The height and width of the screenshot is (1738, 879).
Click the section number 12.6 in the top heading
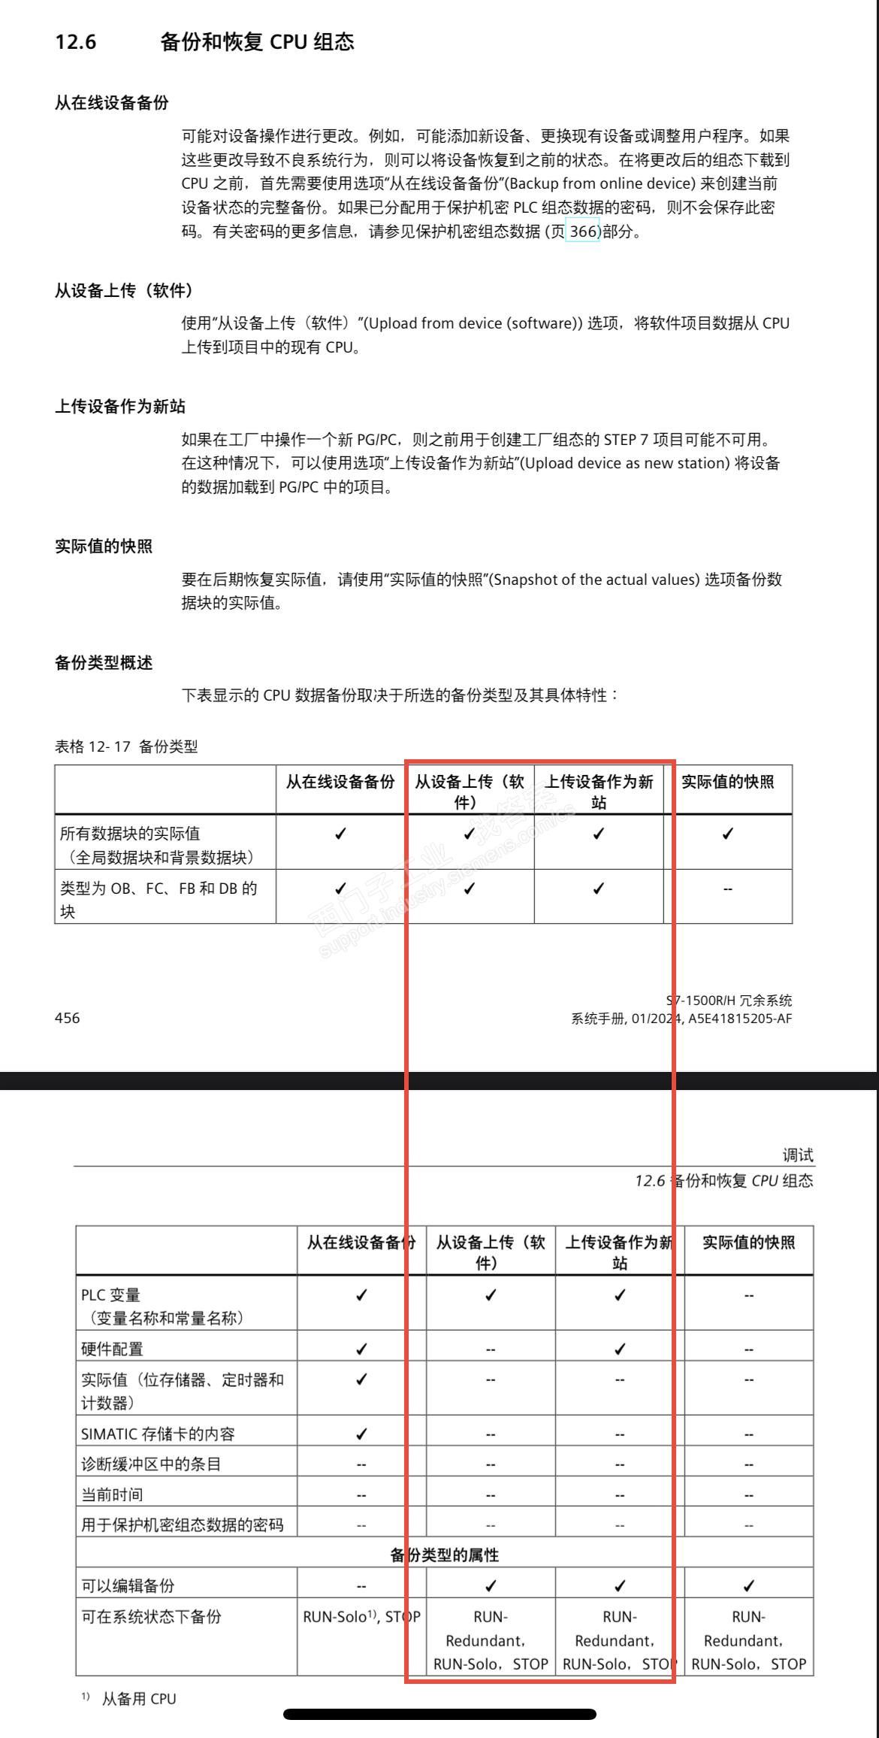[x=76, y=42]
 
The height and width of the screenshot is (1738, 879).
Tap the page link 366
[x=583, y=232]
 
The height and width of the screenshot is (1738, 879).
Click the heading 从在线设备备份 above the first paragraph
[x=112, y=104]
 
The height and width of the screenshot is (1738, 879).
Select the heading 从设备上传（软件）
[x=124, y=291]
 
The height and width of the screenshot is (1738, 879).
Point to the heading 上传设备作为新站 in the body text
[x=120, y=407]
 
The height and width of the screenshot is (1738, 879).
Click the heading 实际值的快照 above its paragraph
[x=104, y=547]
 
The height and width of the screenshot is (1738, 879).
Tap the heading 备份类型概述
[x=104, y=663]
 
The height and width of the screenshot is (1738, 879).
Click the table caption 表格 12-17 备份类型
[x=126, y=746]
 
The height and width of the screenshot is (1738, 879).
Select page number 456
[x=68, y=1018]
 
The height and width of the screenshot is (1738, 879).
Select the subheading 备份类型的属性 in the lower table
[x=444, y=1555]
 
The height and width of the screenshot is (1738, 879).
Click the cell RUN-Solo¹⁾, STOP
[x=361, y=1617]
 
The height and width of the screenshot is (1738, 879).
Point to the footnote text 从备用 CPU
[x=139, y=1698]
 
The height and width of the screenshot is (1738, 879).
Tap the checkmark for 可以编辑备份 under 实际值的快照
[x=748, y=1586]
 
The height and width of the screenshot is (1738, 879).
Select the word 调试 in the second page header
[x=797, y=1155]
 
